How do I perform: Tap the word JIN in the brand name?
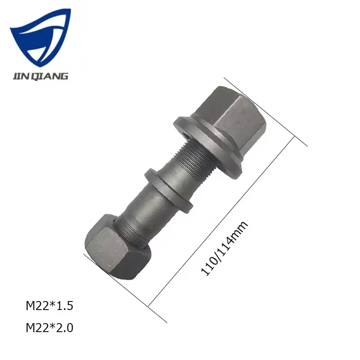[20, 76]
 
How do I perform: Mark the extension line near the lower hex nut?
[126, 288]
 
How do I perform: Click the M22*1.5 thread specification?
[49, 306]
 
